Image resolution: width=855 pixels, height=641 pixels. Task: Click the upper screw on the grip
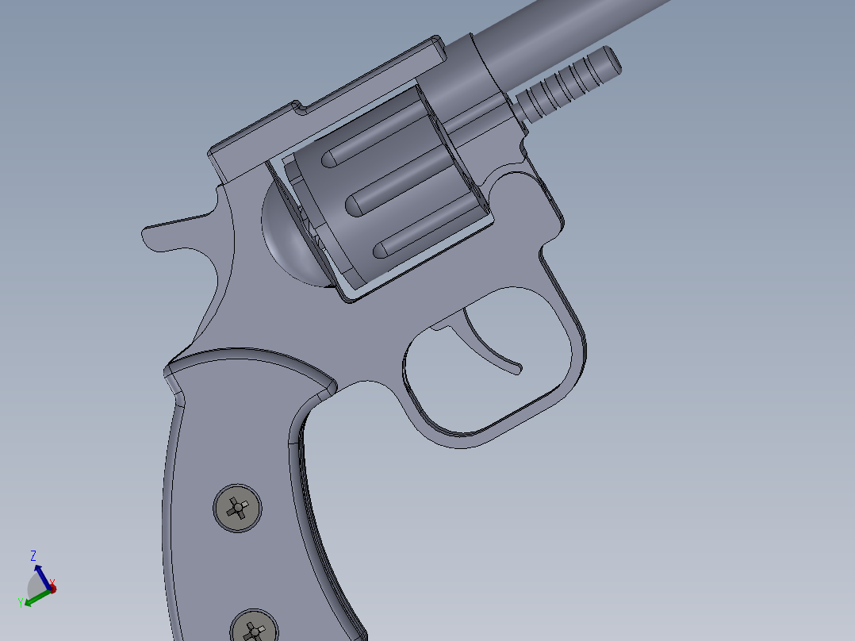(x=238, y=508)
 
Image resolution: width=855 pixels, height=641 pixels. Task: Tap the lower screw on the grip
(x=255, y=628)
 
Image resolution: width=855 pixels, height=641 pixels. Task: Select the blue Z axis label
(x=33, y=555)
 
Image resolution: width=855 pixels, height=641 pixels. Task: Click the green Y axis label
(x=21, y=604)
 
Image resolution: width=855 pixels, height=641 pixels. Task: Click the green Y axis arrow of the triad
(x=32, y=599)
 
